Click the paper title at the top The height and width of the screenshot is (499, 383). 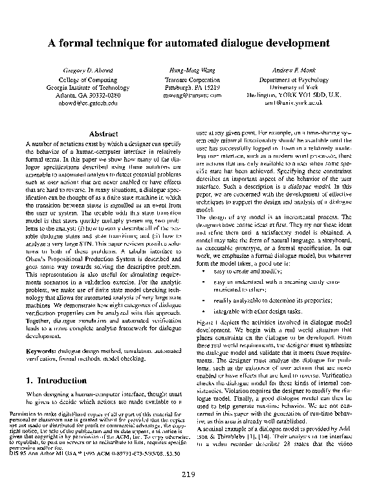[191, 43]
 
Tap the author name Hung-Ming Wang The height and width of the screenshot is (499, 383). [188, 69]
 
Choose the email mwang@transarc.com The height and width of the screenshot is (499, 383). [188, 94]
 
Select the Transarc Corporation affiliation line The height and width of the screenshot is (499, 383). [188, 78]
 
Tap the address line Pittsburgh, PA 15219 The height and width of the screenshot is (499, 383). [188, 86]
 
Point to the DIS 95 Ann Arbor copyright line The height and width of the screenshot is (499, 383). [81, 452]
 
